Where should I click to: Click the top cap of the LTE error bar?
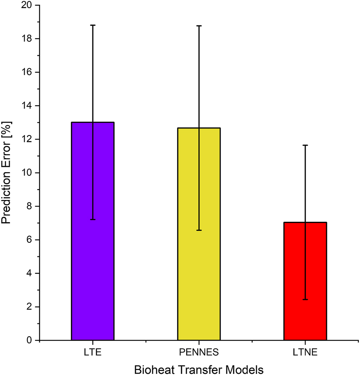[x=93, y=25]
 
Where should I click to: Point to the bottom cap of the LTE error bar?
[x=93, y=219]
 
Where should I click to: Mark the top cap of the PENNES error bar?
[x=199, y=25]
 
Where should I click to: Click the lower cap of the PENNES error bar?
[x=199, y=230]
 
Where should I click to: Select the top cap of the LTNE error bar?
[x=305, y=145]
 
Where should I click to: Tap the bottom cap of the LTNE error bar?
[x=305, y=300]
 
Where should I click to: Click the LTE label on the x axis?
[x=93, y=352]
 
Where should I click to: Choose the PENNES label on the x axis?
[x=199, y=352]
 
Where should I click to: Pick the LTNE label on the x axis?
[x=305, y=352]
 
